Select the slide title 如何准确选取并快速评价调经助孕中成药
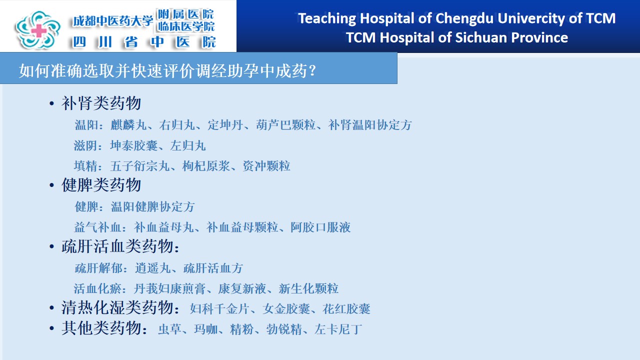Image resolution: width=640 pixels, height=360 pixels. point(163,70)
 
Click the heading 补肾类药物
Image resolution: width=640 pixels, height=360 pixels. point(101,103)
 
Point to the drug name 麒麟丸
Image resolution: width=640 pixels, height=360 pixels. point(128,125)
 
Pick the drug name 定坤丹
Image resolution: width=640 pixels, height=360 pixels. point(225,125)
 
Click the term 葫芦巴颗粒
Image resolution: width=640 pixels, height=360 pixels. point(285,125)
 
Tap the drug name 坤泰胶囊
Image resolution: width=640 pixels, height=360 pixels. point(133,145)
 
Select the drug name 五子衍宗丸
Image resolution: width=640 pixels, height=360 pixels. point(140,166)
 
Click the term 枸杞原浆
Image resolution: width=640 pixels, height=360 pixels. point(206,166)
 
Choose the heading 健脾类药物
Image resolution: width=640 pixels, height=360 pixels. point(101,185)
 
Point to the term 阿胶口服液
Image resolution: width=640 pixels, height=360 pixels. point(320,227)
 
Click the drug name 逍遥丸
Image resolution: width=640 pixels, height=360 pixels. point(153,268)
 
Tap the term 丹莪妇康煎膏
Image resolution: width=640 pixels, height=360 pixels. point(169,288)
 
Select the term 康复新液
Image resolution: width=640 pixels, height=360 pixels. point(242,288)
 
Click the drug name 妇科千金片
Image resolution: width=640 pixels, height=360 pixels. point(219,309)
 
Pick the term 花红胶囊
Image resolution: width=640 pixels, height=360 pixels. point(346,309)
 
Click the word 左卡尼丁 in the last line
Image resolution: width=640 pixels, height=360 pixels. point(338,329)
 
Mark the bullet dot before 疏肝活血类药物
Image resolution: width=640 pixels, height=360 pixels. point(51,246)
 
